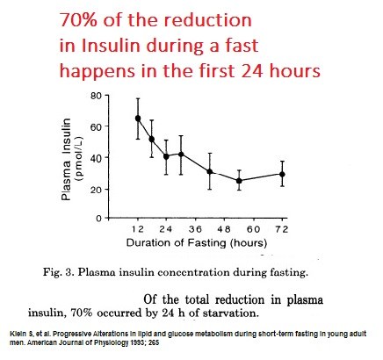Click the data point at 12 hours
[x=138, y=119]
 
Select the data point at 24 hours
[x=166, y=156]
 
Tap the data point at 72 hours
[x=282, y=175]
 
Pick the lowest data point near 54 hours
[x=239, y=181]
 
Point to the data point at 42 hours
[x=210, y=172]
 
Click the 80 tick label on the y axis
[x=96, y=96]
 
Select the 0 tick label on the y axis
[x=99, y=219]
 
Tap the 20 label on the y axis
[x=96, y=190]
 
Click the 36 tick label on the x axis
[x=195, y=229]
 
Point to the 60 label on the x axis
[x=253, y=229]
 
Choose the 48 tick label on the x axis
[x=224, y=229]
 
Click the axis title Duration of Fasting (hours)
[x=197, y=243]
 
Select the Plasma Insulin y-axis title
[x=67, y=160]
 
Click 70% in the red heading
[x=78, y=20]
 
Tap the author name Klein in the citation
[x=17, y=334]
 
